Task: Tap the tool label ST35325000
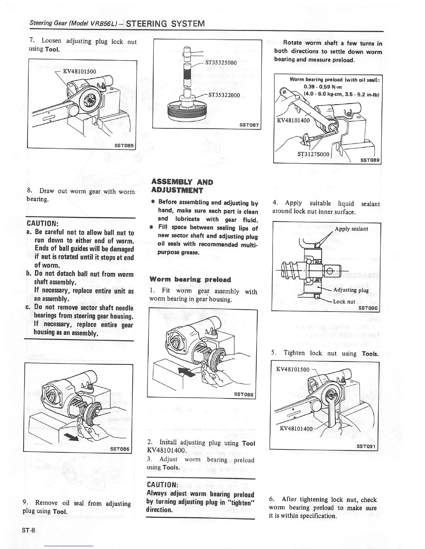pyautogui.click(x=221, y=63)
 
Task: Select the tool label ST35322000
pyautogui.click(x=224, y=95)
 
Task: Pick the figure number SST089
pyautogui.click(x=370, y=160)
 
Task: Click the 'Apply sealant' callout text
pyautogui.click(x=351, y=229)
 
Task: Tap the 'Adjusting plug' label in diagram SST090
pyautogui.click(x=351, y=290)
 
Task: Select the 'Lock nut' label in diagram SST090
pyautogui.click(x=344, y=302)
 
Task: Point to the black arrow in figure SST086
pyautogui.click(x=73, y=436)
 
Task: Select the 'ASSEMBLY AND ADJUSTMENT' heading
pyautogui.click(x=182, y=186)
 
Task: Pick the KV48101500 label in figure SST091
pyautogui.click(x=292, y=369)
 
